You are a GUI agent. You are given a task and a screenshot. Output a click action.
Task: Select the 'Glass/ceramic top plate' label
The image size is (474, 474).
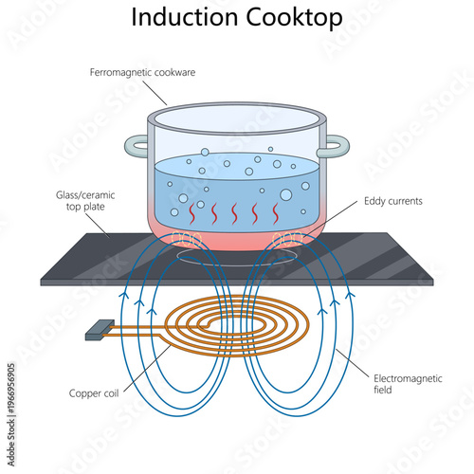[73, 201]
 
